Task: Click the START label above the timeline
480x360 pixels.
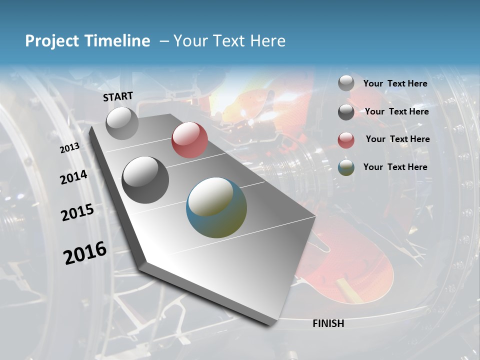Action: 118,96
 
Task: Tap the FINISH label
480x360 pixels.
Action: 328,323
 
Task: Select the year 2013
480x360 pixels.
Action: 69,147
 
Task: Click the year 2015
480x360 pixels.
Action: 77,212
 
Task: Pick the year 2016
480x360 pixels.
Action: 85,253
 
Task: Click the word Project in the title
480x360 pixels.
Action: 52,41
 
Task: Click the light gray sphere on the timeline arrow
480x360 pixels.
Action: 122,123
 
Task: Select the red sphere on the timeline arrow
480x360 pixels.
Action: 189,140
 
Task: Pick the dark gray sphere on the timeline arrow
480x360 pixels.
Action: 145,179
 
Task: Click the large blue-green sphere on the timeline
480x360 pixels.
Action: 216,207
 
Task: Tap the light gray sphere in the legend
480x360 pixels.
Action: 346,83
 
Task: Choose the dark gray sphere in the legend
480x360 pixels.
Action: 346,112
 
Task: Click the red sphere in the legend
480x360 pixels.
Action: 346,140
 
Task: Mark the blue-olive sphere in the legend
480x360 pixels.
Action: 346,168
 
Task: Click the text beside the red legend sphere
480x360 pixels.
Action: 397,139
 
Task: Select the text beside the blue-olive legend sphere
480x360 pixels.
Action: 395,167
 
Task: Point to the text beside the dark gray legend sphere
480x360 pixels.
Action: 396,111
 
